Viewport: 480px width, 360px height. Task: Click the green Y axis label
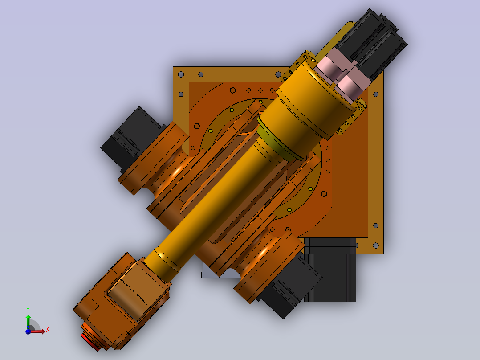(x=28, y=310)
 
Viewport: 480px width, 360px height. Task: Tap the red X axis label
(x=48, y=330)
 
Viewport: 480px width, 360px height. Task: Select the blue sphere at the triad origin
(x=28, y=331)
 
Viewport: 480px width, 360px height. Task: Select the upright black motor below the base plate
(x=330, y=270)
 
